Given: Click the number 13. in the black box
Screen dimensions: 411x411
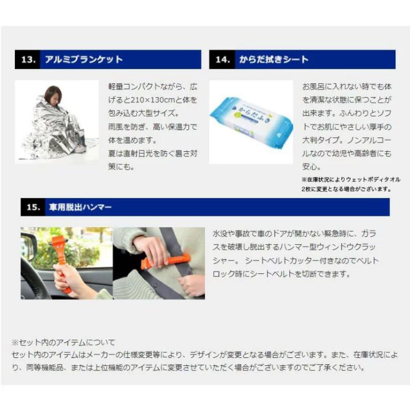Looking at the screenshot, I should coord(27,60).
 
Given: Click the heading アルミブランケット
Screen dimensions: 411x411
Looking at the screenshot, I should coord(84,60).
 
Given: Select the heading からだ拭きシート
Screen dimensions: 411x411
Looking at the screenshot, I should coord(274,60).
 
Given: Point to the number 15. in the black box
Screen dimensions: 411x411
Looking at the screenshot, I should coord(33,207).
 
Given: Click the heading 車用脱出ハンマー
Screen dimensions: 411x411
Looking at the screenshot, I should coord(80,207).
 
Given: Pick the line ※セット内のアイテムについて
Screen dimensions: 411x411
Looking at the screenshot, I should coord(63,343).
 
